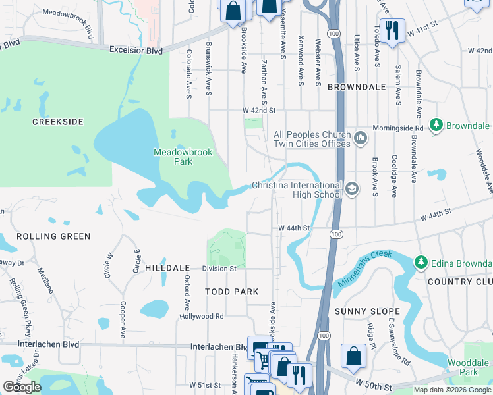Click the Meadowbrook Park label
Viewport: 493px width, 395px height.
[183, 156]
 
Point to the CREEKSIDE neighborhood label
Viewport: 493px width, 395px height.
[59, 122]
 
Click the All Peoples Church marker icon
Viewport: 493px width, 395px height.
[360, 138]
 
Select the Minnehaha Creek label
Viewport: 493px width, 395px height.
[365, 267]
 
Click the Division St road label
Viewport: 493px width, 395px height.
[219, 269]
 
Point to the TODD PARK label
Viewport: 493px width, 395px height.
[231, 291]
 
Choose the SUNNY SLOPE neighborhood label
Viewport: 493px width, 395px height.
[367, 311]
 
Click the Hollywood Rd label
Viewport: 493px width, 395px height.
[202, 316]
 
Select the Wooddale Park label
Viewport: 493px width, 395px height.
[468, 367]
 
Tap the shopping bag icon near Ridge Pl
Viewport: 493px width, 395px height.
[353, 356]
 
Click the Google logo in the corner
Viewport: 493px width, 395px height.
[22, 387]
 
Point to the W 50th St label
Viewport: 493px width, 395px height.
[374, 382]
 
